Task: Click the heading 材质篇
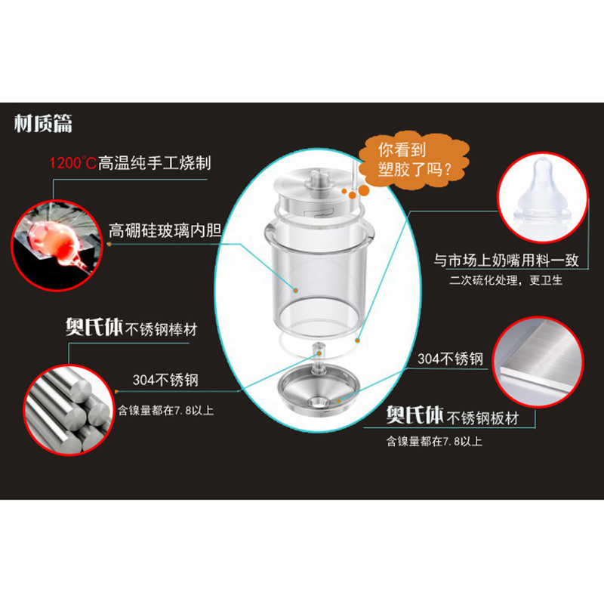43,123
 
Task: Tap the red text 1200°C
72,163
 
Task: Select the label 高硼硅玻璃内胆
165,230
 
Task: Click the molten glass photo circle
57,245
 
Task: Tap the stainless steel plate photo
538,362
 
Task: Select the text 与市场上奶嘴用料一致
506,260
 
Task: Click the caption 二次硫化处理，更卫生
506,280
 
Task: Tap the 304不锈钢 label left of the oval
165,380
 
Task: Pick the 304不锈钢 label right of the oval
450,359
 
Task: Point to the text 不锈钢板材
482,418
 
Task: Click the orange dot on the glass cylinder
296,290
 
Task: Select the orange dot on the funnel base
338,401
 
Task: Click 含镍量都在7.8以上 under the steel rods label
165,410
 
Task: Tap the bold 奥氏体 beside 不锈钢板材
415,414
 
